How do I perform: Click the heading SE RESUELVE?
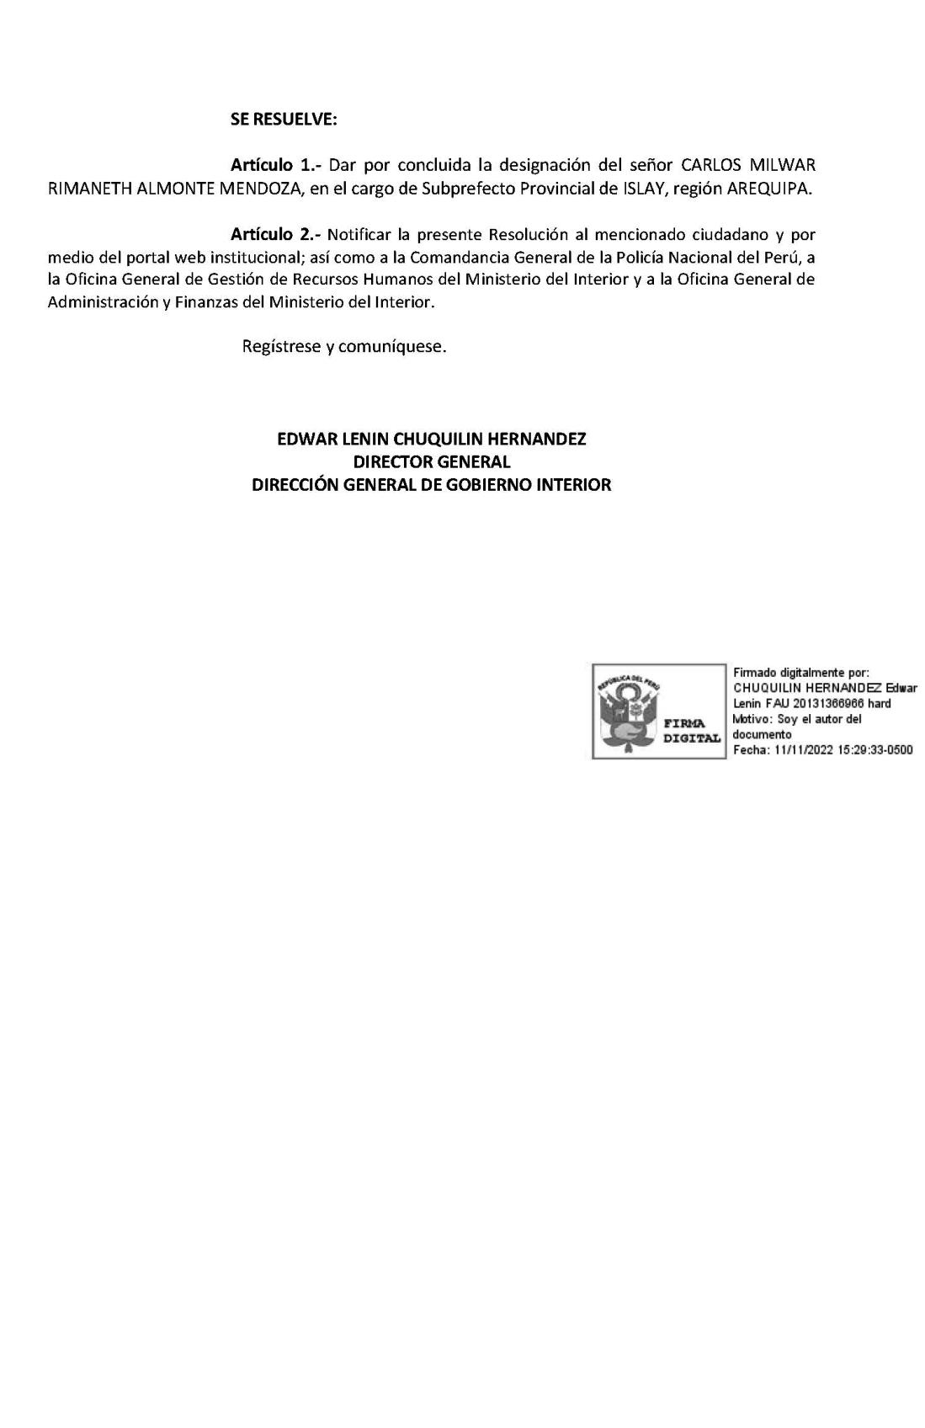pos(284,120)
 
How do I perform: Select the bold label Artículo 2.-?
pos(276,234)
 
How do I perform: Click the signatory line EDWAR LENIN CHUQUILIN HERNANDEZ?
pos(432,439)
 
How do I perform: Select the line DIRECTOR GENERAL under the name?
pos(432,461)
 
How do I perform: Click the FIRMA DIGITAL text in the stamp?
pos(692,730)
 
